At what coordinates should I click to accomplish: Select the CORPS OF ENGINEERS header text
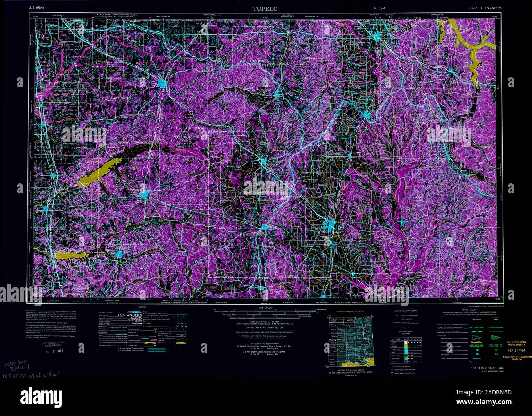pyautogui.click(x=485, y=8)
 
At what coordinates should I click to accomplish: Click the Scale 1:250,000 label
pyautogui.click(x=266, y=307)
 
